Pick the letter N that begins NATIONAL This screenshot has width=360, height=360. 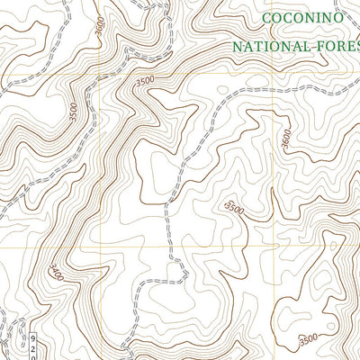(237, 45)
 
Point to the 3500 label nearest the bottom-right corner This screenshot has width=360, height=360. (308, 339)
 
